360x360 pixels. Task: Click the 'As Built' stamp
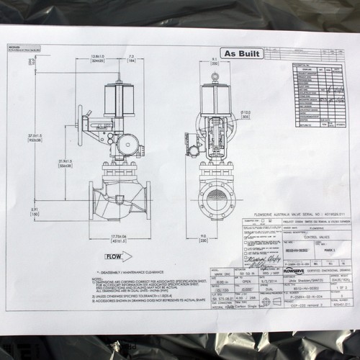(243, 54)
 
